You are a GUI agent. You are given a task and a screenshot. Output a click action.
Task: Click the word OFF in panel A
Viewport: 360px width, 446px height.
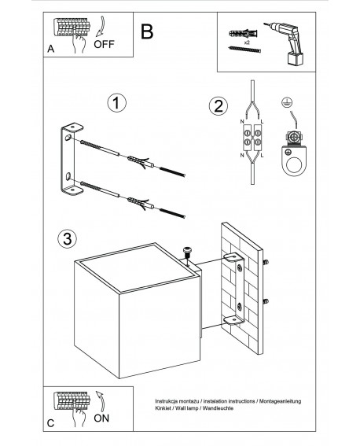104,44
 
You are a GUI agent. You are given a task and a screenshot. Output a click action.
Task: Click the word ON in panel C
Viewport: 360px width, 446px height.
101,418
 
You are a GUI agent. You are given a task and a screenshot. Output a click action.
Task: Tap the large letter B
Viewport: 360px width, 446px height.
147,31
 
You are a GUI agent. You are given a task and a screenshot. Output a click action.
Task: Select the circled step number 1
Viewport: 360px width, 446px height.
117,103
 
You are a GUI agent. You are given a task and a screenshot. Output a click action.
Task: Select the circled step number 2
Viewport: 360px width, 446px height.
219,106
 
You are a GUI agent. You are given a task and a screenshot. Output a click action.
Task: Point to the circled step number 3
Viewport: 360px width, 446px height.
68,238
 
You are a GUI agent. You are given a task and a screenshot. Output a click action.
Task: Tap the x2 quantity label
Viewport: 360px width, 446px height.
247,42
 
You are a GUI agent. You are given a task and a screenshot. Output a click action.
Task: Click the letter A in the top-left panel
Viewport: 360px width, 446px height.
51,49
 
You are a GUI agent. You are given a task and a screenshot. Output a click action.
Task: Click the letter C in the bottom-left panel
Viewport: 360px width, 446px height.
50,423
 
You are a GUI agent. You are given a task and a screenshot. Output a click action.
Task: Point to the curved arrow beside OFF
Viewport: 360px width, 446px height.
100,27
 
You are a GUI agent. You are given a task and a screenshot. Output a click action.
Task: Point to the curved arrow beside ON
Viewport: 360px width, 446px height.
100,401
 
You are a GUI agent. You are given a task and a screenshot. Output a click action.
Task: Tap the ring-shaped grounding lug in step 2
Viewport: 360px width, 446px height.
294,160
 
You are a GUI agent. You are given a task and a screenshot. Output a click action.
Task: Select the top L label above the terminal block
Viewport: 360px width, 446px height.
262,122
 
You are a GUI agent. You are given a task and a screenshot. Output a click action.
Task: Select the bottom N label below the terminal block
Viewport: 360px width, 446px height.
242,155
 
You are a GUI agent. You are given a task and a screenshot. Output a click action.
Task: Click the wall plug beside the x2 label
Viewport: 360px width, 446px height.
244,34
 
